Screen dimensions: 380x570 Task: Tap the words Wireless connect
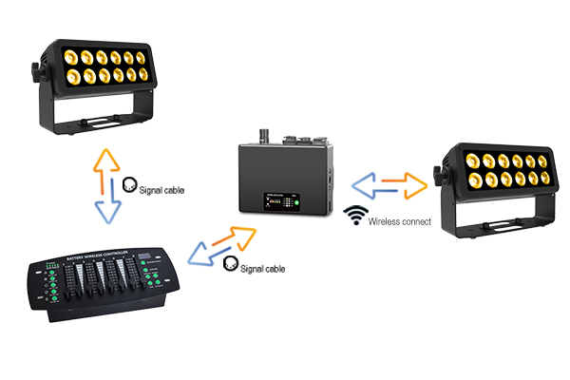click(x=399, y=221)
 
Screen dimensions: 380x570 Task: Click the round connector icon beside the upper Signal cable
click(x=131, y=185)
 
